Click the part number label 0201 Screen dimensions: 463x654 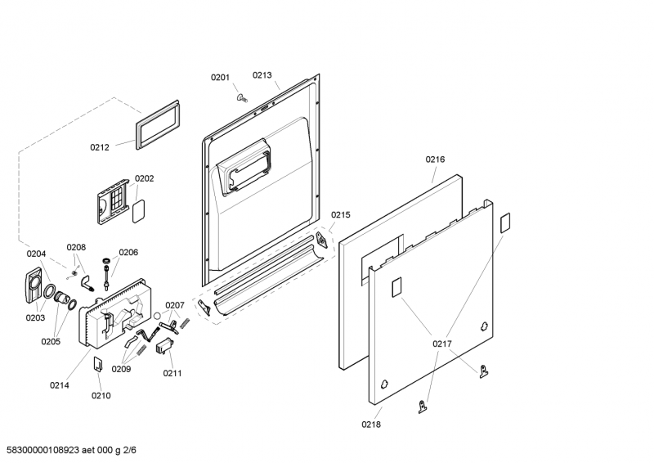(x=220, y=78)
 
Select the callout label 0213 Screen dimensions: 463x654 (x=262, y=74)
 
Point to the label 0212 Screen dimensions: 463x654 (x=100, y=148)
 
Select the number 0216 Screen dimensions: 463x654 (x=435, y=160)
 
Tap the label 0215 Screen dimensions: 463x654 (x=340, y=215)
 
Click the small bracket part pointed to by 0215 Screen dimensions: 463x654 (x=323, y=239)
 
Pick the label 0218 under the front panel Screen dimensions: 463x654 (x=371, y=425)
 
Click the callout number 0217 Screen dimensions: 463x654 (x=442, y=344)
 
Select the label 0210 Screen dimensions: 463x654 (x=101, y=396)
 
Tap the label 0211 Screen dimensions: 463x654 (x=172, y=374)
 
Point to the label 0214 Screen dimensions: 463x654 (x=59, y=384)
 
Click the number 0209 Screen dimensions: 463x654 (x=121, y=369)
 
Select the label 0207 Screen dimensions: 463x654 (x=175, y=305)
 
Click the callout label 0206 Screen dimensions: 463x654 (x=128, y=253)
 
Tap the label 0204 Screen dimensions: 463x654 (x=36, y=254)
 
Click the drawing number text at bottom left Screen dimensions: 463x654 (x=70, y=450)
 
